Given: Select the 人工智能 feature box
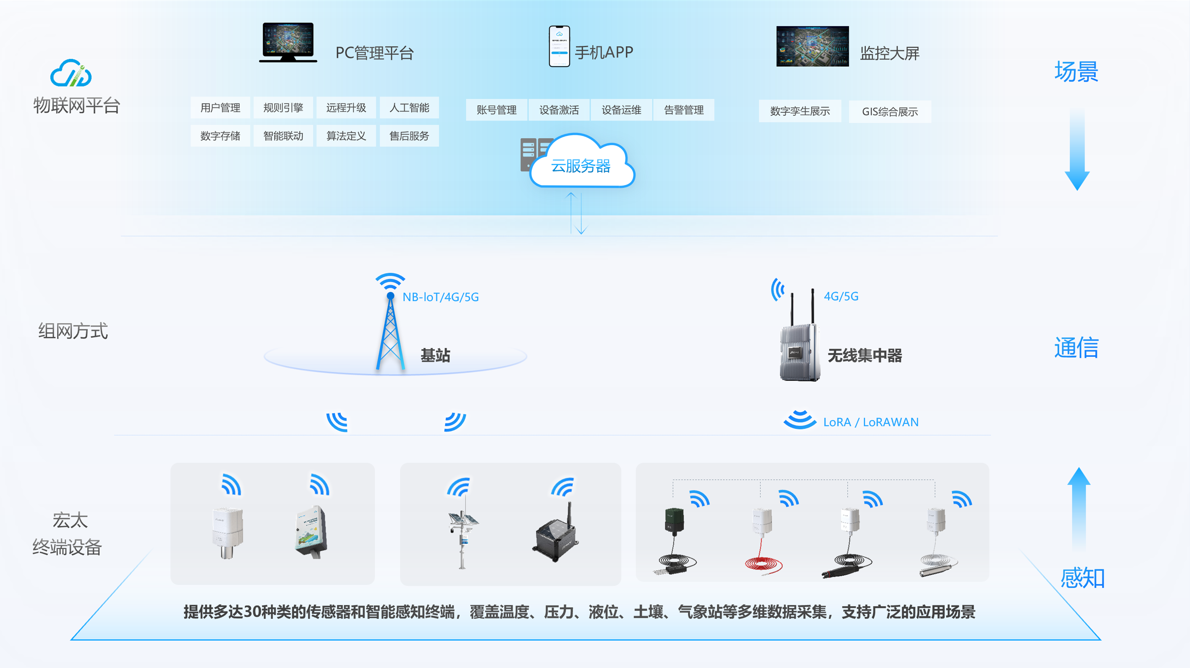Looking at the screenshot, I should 409,108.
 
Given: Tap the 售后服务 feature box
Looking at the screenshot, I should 409,136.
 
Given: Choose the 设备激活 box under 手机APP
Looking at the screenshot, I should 559,110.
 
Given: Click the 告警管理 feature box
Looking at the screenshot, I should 684,110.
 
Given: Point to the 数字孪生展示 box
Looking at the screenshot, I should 800,111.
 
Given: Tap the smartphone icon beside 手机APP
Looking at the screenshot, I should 559,46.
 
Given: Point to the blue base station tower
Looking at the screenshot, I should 390,330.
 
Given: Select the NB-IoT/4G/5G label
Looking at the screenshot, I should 440,297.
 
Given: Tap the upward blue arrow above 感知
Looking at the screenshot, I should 1079,508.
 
